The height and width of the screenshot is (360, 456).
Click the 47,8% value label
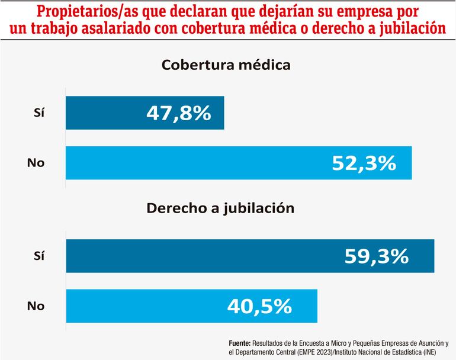tap(178, 112)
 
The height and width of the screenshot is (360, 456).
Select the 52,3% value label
tap(362, 162)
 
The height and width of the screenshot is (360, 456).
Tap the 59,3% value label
tap(376, 256)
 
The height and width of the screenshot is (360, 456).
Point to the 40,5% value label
tap(259, 306)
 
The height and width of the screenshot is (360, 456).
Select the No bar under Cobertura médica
tap(178, 162)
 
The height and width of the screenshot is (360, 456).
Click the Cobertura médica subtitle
tap(227, 65)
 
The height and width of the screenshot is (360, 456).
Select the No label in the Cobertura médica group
tap(36, 162)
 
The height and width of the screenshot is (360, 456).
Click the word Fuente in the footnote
tap(239, 343)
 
